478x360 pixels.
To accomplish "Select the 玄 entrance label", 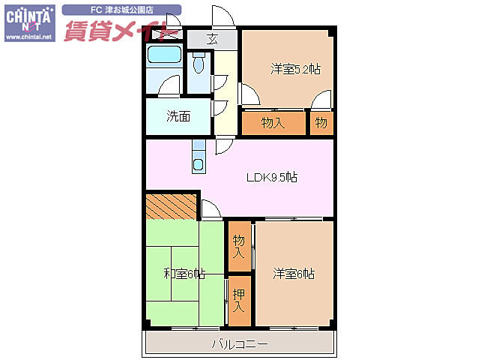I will point(213,40).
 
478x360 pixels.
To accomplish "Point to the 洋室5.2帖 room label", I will point(295,70).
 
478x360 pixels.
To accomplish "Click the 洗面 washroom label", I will point(178,116).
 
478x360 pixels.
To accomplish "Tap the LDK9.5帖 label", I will point(273,178).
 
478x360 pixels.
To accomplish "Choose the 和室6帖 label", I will point(184,274).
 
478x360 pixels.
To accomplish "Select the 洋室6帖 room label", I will point(293,274).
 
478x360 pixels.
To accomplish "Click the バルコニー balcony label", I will point(239,343).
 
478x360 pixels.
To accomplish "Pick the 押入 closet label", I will point(238,301).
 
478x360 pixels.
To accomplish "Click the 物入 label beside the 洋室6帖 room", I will point(239,246).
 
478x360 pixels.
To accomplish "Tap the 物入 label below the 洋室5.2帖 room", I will point(273,122).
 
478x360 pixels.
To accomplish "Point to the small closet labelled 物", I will point(321,122).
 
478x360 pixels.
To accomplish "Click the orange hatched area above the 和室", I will point(172,205).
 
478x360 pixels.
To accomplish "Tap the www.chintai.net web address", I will point(29,36).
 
